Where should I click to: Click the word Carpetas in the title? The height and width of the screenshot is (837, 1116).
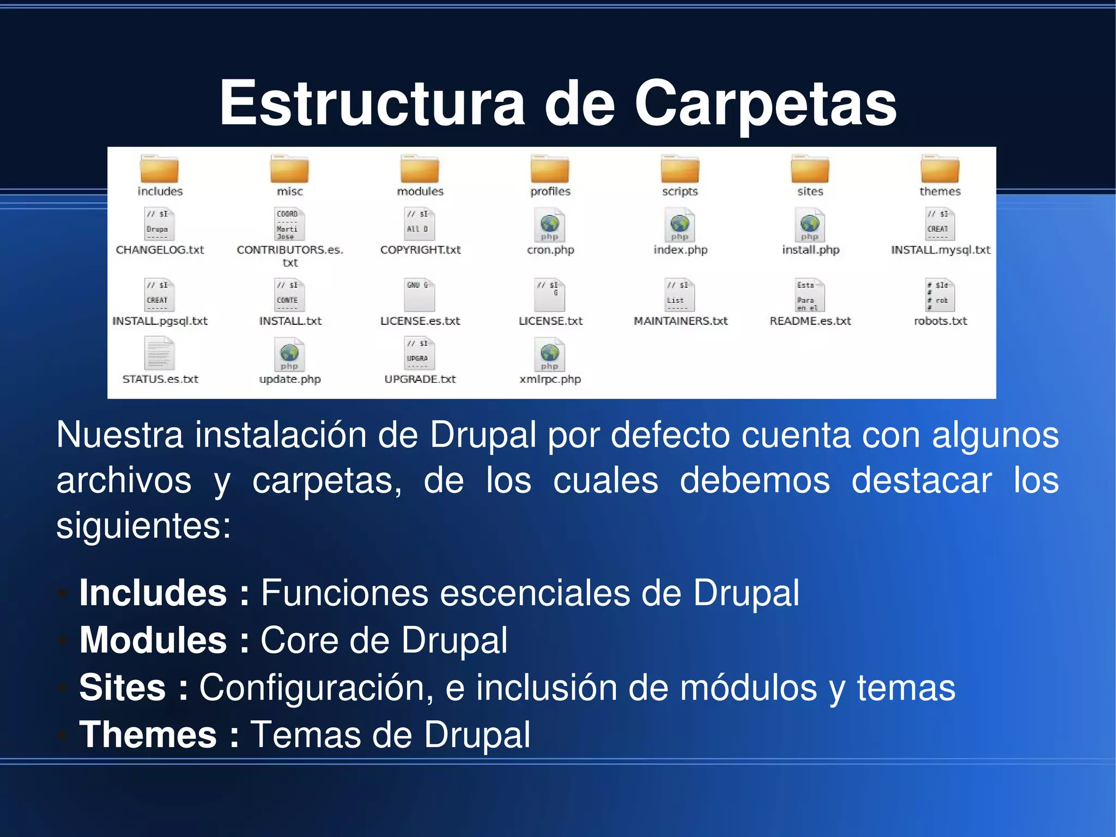click(765, 104)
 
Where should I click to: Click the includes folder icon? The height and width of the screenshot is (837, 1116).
click(160, 168)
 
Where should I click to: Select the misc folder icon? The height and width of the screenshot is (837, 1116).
click(289, 168)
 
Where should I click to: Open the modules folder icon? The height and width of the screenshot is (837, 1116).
click(420, 168)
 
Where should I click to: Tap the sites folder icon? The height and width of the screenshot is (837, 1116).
click(810, 168)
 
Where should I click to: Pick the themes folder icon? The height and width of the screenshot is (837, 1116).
click(940, 168)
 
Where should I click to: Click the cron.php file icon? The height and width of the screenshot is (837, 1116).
click(550, 225)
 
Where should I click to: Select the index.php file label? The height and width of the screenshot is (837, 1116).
click(680, 250)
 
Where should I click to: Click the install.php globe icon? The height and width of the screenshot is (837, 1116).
click(810, 223)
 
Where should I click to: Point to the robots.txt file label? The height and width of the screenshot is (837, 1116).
click(940, 321)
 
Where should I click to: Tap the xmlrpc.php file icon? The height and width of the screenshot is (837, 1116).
click(550, 354)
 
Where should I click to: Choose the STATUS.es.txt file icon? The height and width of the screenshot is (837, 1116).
click(160, 353)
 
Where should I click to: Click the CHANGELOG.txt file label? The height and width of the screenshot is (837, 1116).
click(160, 250)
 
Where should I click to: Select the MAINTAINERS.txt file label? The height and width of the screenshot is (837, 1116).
click(680, 321)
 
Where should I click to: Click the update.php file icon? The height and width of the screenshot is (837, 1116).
click(289, 354)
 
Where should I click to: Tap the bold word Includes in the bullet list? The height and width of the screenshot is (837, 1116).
click(153, 593)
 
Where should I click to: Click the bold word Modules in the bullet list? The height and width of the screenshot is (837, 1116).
click(153, 640)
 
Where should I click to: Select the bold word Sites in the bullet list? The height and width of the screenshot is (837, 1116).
click(123, 687)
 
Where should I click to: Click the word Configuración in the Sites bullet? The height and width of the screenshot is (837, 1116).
click(316, 687)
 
